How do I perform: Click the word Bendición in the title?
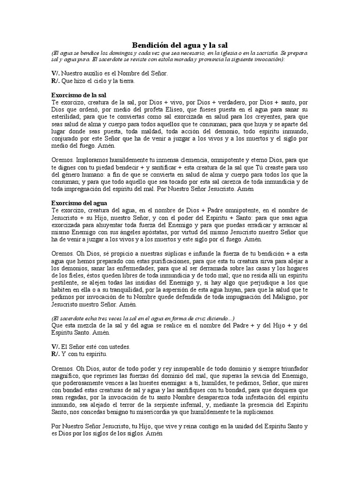pyautogui.click(x=149, y=45)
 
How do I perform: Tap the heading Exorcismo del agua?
pyautogui.click(x=79, y=203)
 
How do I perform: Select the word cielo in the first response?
pyautogui.click(x=95, y=81)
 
